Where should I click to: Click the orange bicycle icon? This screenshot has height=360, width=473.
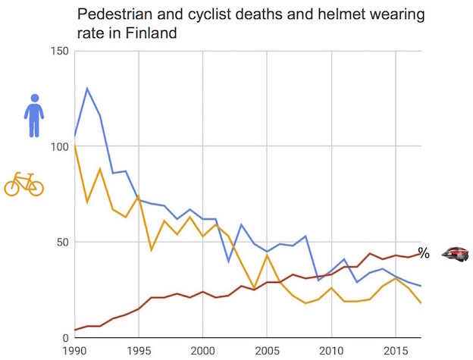(23, 184)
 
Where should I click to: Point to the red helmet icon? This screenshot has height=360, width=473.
(456, 254)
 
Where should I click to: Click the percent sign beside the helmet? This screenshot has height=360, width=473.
(424, 254)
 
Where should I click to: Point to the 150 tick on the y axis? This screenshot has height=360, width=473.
(59, 51)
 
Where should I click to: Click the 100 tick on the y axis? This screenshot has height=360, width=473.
(59, 146)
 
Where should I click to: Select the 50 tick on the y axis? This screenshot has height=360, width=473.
(62, 243)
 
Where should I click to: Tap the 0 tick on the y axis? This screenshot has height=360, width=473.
(65, 338)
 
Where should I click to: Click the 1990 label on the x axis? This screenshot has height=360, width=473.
(74, 351)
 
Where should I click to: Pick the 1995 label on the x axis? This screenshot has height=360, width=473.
(139, 351)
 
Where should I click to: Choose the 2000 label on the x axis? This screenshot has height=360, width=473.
(202, 351)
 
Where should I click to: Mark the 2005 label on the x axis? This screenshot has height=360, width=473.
(267, 351)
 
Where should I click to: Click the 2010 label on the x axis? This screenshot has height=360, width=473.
(330, 351)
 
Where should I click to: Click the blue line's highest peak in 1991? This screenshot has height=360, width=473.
(87, 89)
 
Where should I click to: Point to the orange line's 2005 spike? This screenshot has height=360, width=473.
(267, 255)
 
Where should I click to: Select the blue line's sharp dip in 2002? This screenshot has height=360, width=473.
(228, 261)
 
